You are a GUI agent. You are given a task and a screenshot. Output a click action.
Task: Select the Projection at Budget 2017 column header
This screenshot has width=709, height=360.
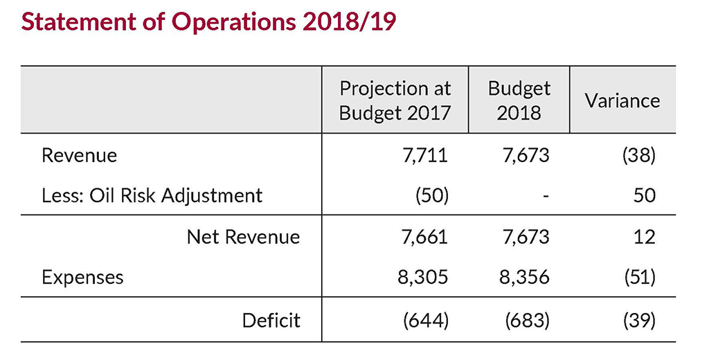[x=395, y=100]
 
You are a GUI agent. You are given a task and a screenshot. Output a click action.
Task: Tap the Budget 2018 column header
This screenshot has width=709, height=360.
[x=519, y=100]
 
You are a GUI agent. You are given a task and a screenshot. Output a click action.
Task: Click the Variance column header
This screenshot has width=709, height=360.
[x=622, y=100]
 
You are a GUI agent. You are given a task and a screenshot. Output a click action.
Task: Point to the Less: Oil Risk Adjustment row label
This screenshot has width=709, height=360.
[x=152, y=196]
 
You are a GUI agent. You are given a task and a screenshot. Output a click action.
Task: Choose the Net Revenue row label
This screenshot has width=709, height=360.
[x=243, y=237]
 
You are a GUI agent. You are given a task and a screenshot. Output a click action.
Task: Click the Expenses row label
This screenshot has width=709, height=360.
[x=82, y=278]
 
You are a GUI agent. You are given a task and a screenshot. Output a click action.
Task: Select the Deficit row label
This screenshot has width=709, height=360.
[x=271, y=320]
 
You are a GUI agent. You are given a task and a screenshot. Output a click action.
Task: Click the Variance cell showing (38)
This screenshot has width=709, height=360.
[x=638, y=155]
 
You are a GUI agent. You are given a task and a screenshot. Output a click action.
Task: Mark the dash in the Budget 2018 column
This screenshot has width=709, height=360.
[x=546, y=197]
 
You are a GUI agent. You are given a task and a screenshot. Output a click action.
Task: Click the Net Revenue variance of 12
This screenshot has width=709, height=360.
[x=644, y=237]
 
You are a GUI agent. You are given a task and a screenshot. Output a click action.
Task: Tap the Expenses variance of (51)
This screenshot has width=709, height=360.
[x=638, y=278]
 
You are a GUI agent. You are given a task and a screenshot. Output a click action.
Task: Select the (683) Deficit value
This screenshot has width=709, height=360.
[x=528, y=320]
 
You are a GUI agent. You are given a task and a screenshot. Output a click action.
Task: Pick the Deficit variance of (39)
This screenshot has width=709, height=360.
[x=638, y=320]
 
